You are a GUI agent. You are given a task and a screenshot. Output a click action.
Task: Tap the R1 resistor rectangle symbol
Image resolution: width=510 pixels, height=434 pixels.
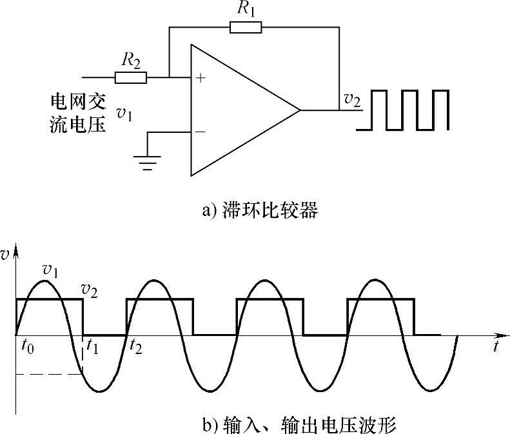pos(246,27)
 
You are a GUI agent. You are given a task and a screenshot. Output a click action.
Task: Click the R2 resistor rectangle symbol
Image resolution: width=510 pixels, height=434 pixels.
pos(131,78)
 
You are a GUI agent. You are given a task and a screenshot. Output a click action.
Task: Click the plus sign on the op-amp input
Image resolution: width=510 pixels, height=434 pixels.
pos(200,78)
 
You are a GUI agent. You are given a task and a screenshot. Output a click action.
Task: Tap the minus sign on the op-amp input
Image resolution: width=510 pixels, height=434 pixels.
pos(200,132)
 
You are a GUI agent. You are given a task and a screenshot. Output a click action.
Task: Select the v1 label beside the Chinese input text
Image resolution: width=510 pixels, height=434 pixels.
pos(124,113)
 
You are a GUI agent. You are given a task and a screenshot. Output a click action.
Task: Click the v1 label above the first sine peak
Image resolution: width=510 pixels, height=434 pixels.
pos(50,268)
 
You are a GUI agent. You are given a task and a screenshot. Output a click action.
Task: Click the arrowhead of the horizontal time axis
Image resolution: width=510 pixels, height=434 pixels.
pos(501,335)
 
